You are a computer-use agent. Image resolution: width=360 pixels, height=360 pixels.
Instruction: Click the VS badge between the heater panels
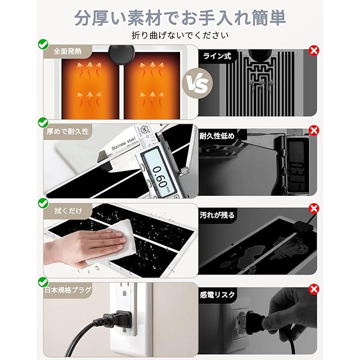(197, 83)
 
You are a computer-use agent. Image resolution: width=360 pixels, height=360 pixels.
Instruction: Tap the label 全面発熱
(67, 51)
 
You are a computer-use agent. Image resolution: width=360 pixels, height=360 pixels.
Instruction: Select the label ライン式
(217, 56)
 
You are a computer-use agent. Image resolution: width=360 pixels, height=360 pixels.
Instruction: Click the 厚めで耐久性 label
(67, 131)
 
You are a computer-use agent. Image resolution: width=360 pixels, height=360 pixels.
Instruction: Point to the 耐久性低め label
(217, 136)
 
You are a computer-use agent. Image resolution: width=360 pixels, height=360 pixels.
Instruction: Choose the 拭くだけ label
(68, 210)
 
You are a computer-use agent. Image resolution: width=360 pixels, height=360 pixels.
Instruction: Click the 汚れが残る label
(217, 215)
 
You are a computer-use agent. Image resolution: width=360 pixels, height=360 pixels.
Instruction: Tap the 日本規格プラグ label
(68, 290)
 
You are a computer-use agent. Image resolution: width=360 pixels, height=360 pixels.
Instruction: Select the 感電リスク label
(217, 295)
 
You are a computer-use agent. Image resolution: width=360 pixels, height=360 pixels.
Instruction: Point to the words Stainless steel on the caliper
(124, 144)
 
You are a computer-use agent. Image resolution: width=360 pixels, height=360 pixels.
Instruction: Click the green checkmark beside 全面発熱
(43, 44)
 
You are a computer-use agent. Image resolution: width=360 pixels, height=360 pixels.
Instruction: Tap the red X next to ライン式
(314, 50)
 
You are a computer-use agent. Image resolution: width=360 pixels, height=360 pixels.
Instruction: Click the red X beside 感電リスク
(314, 289)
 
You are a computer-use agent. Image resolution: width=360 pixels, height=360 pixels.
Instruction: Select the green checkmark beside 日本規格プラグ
(43, 282)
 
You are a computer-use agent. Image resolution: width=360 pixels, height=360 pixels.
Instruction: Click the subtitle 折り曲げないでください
(180, 35)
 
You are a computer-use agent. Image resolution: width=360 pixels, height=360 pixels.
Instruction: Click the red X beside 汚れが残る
(314, 209)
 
